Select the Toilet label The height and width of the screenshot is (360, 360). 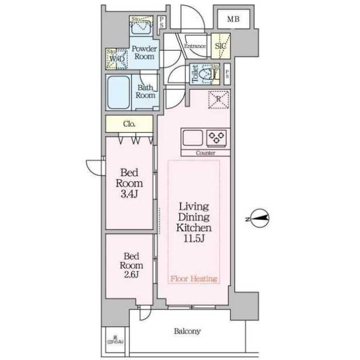point(195,74)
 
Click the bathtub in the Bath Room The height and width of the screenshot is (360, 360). point(120,91)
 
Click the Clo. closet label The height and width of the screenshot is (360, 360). point(129,124)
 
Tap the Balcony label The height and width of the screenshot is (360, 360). point(187,331)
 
